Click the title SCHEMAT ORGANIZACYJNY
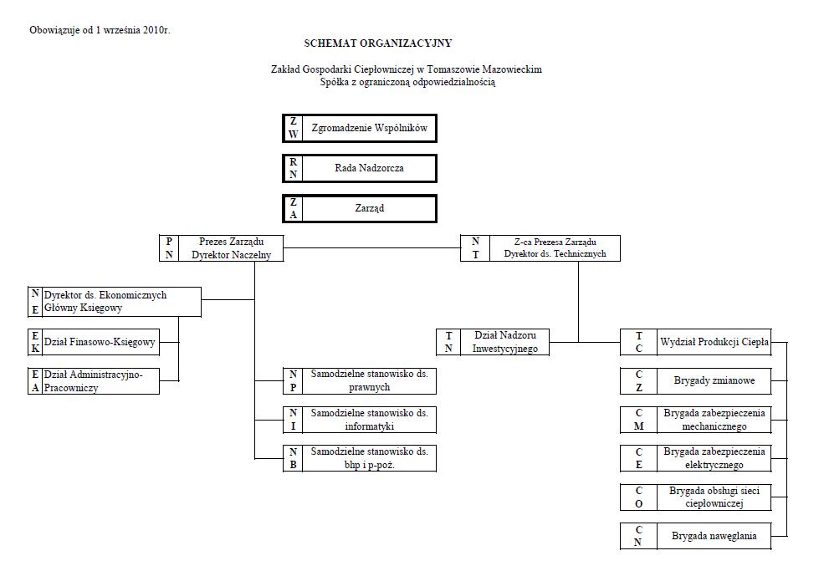(x=378, y=43)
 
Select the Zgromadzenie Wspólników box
(x=360, y=128)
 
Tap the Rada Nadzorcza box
(x=360, y=168)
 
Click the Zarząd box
(x=360, y=208)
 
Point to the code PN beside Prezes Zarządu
(x=169, y=248)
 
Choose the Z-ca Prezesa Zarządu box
(x=540, y=248)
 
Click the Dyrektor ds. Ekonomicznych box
(x=115, y=302)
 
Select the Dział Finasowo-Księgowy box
(x=94, y=342)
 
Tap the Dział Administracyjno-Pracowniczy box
(x=94, y=381)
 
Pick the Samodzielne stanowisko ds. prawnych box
(x=360, y=381)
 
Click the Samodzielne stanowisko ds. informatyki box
(x=360, y=420)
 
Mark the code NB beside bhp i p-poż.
(x=294, y=458)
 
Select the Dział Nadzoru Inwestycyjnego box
(x=493, y=342)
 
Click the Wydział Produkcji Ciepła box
(x=696, y=342)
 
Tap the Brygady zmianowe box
(x=696, y=381)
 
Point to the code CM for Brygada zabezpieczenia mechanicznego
(x=639, y=420)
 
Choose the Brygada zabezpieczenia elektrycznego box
(x=696, y=458)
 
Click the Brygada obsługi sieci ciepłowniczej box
(x=696, y=497)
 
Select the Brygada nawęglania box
(x=696, y=536)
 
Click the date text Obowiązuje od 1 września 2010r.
(x=100, y=30)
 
